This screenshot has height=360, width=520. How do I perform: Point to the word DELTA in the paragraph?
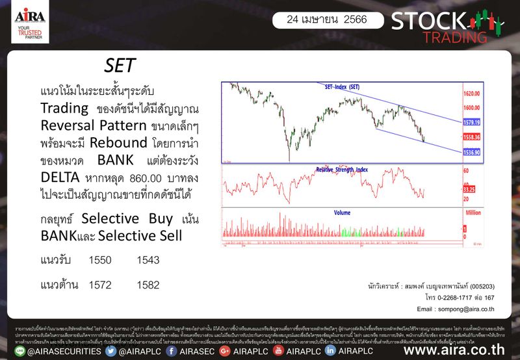pyautogui.click(x=58, y=177)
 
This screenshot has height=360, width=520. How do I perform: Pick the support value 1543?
pyautogui.click(x=148, y=260)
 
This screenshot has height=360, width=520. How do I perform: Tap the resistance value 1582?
pyautogui.click(x=148, y=285)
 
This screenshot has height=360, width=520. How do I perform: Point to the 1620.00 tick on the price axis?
pyautogui.click(x=472, y=94)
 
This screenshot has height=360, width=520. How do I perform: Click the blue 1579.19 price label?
pyautogui.click(x=471, y=122)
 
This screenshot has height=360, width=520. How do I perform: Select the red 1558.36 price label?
pyautogui.click(x=471, y=137)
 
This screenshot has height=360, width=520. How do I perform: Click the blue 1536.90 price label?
pyautogui.click(x=471, y=152)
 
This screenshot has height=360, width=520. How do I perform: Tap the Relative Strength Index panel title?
pyautogui.click(x=342, y=170)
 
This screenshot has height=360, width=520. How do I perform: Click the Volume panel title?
pyautogui.click(x=342, y=212)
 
